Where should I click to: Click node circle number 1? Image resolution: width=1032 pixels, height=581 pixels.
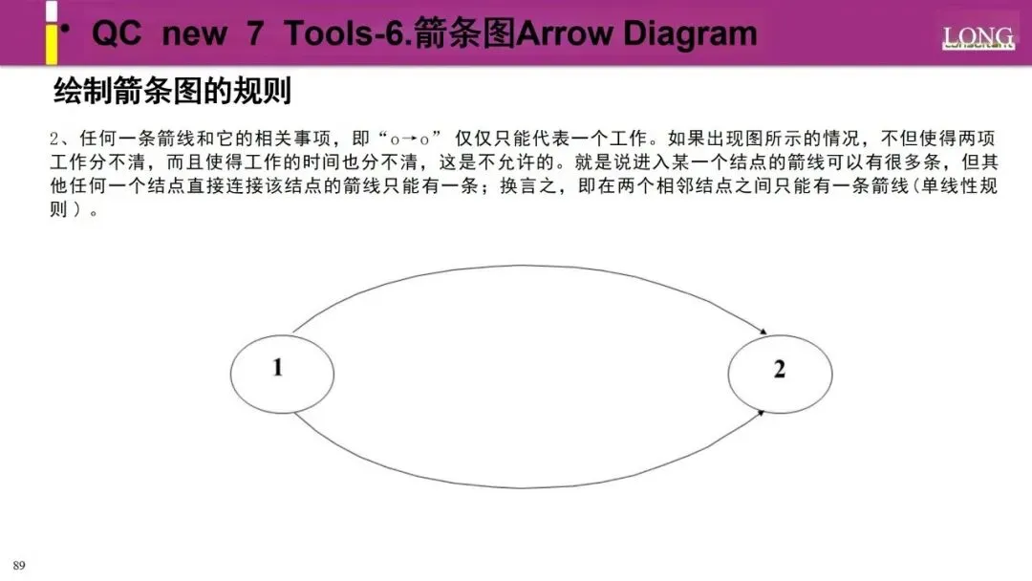pos(278,368)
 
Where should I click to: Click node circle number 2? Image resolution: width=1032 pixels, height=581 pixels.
pos(779,370)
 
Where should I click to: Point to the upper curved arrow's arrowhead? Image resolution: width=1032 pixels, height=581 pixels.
pos(763,333)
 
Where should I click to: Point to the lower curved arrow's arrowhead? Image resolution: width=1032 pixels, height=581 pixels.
pos(762,411)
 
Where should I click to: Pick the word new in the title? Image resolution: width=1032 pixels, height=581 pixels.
pos(195,34)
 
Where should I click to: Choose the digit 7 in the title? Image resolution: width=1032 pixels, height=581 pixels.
pos(254,34)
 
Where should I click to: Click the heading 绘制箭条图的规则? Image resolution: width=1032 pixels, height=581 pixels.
pos(172,92)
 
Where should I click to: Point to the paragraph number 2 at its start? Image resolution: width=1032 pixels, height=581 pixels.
pos(54,139)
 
